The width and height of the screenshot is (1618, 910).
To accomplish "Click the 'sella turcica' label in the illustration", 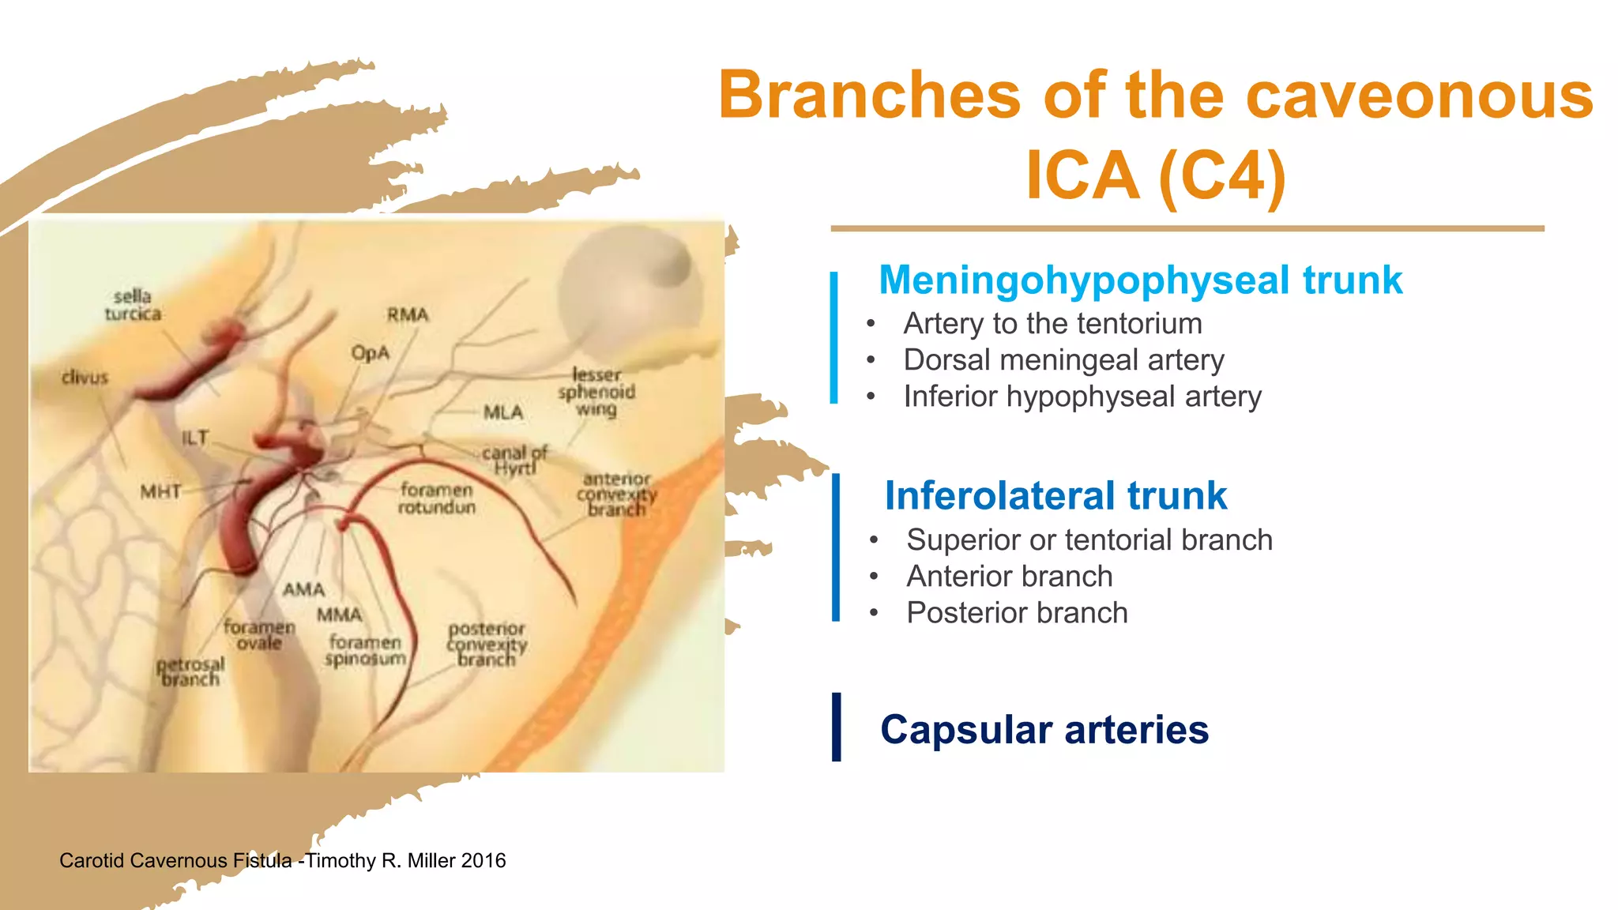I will click(133, 306).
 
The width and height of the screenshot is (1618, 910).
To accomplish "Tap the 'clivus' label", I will click(85, 378).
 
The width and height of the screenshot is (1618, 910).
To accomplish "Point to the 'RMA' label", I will click(408, 315).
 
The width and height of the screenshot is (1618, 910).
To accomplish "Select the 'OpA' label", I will click(371, 352).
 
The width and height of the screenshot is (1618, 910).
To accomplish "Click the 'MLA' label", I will click(503, 412).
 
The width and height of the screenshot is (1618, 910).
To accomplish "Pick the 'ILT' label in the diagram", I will click(195, 438).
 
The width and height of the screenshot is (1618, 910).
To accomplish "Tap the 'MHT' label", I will click(160, 492).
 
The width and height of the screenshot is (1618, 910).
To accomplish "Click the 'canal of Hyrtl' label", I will click(515, 461).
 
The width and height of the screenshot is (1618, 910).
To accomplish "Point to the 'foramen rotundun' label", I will click(436, 498).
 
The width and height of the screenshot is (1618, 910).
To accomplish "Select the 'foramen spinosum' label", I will click(366, 650).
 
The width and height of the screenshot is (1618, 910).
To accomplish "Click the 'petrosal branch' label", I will click(190, 671).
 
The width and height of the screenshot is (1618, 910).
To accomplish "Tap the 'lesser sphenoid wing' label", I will click(596, 392).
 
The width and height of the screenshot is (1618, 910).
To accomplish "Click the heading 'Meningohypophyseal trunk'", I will click(1140, 280).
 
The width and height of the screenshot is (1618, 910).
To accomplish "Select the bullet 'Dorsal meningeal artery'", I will click(1063, 360).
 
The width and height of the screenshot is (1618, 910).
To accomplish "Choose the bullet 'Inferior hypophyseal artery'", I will click(1082, 397).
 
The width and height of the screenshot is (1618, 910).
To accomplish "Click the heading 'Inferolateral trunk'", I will click(1055, 496).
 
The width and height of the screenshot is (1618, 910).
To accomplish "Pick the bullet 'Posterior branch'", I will click(1017, 613).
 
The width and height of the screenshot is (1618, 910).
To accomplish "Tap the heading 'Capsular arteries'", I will click(1044, 729).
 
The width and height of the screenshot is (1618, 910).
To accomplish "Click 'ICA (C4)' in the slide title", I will click(1155, 175).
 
